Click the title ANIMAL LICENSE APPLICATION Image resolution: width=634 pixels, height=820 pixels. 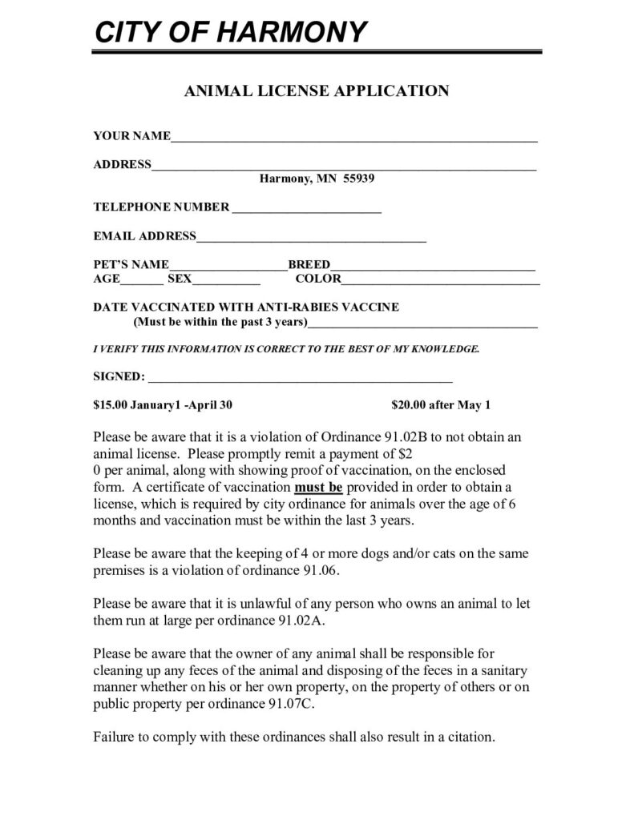(x=317, y=90)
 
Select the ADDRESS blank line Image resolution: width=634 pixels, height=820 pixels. (x=344, y=168)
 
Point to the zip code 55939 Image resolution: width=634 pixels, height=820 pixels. (x=359, y=178)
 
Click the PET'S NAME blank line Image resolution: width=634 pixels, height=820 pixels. (x=228, y=268)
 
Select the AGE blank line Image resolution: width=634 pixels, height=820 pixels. (x=141, y=283)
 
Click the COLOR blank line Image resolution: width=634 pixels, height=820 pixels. (x=440, y=283)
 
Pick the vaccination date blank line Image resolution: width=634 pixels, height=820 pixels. (x=422, y=326)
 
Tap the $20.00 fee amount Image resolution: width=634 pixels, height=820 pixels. (x=409, y=404)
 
